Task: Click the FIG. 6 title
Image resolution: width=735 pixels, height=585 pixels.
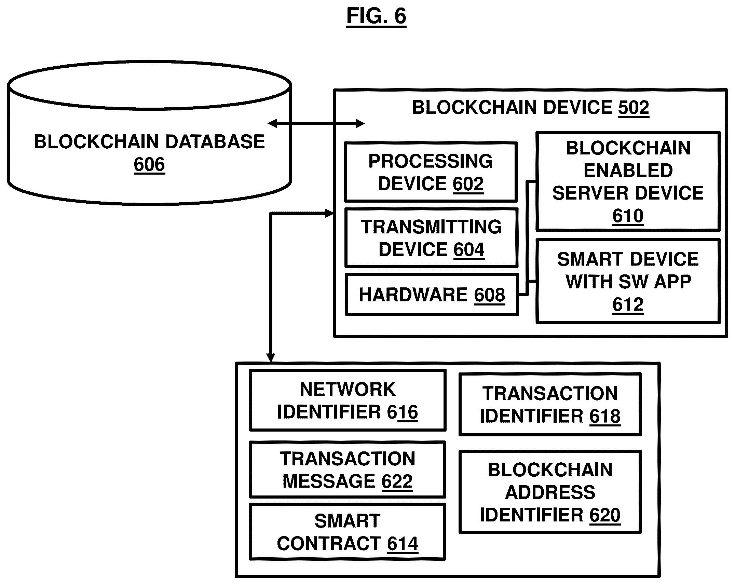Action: click(376, 16)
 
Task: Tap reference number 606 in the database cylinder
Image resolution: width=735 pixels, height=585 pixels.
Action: click(149, 164)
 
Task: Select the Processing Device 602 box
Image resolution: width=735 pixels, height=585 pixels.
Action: click(431, 172)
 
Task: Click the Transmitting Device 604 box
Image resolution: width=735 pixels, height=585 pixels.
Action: click(431, 237)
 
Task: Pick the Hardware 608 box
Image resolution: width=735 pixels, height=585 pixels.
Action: click(432, 294)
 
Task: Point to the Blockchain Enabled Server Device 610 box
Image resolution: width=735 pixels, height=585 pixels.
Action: click(628, 181)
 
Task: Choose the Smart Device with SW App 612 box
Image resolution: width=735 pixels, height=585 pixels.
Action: click(628, 281)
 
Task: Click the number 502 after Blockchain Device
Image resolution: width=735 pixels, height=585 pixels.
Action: click(633, 108)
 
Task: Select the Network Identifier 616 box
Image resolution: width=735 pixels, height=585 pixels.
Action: click(348, 400)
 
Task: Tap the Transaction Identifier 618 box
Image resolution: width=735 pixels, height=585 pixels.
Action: click(550, 404)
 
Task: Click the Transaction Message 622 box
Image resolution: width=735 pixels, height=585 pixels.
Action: click(348, 470)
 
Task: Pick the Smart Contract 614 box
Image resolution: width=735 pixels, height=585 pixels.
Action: click(348, 532)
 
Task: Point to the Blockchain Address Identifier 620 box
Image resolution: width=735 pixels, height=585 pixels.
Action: click(550, 492)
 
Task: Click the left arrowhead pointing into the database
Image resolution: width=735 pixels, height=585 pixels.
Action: click(272, 123)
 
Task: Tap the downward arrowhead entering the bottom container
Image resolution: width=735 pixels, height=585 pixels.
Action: click(270, 357)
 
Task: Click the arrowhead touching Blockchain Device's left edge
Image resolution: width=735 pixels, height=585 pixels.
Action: click(329, 214)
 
